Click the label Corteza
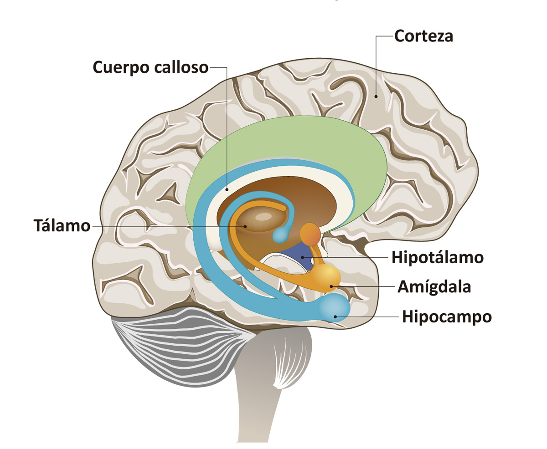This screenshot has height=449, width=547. click(423, 36)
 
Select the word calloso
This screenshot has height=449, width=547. click(181, 67)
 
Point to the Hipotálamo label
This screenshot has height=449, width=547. click(438, 257)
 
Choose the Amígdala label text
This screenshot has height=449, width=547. click(434, 287)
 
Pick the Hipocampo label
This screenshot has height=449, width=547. click(447, 316)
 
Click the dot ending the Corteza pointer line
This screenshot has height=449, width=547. click(376, 97)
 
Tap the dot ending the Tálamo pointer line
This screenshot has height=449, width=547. click(245, 226)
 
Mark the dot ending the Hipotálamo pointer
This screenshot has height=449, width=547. click(302, 258)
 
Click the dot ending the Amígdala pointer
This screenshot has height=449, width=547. click(331, 286)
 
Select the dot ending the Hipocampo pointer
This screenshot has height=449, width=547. click(335, 316)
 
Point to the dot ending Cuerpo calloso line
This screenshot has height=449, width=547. click(227, 189)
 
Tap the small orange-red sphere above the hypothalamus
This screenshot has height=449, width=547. click(310, 234)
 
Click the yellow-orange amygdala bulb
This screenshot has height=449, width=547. click(326, 278)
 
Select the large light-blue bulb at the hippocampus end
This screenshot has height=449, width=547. click(334, 308)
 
